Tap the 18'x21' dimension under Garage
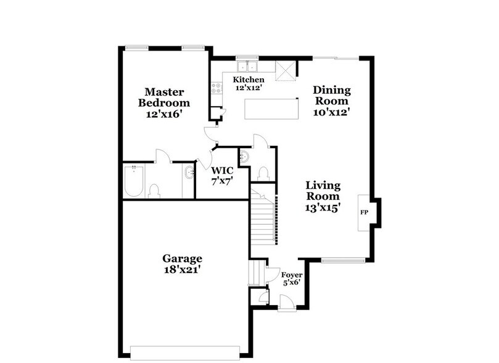coord(182,270)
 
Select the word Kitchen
coord(248,80)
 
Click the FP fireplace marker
coord(364,213)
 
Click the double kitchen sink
coord(249,66)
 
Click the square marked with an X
coord(285,71)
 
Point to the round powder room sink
coord(244,156)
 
